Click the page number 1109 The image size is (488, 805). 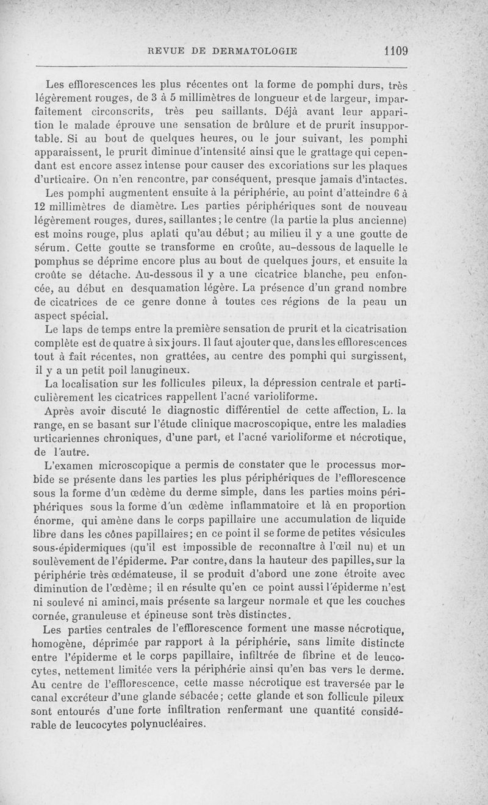(396, 51)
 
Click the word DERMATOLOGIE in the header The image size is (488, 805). (254, 52)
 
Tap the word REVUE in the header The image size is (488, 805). (160, 52)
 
